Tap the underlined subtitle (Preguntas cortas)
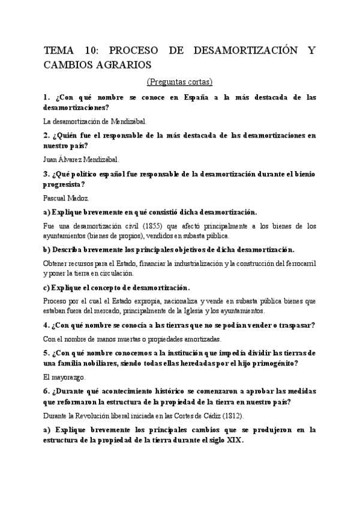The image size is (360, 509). [180, 82]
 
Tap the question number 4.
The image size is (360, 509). [47, 325]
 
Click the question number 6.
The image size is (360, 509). [47, 391]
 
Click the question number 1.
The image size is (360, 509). [46, 97]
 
